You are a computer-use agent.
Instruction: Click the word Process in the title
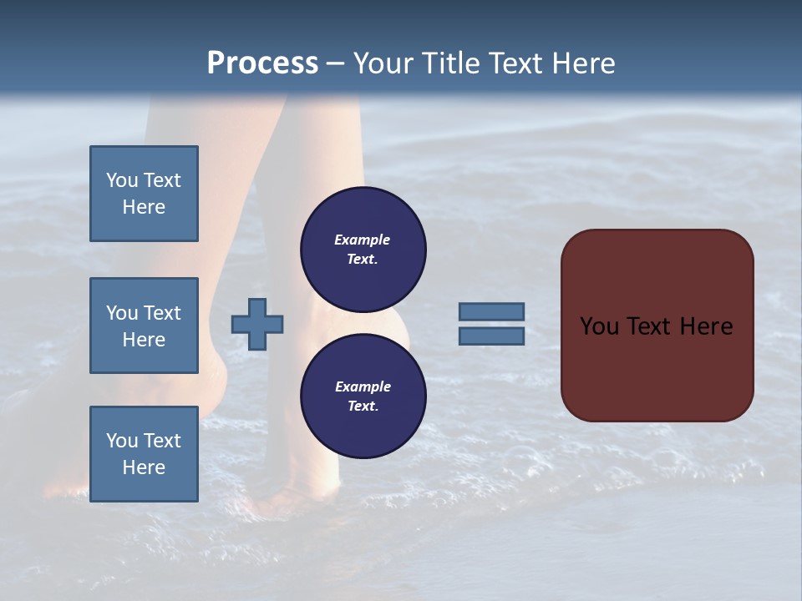coord(262,63)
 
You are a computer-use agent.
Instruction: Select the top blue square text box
coord(144,194)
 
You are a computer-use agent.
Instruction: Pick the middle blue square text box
coord(144,326)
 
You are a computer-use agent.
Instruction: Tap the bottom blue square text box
coord(144,454)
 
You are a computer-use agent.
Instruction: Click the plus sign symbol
coord(257,324)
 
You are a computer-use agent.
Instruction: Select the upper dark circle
coord(363,250)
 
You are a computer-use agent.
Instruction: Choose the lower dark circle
coord(363,396)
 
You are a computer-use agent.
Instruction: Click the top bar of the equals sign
coord(491,312)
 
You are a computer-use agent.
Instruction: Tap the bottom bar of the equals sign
coord(491,336)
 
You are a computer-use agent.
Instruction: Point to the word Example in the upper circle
coord(362,240)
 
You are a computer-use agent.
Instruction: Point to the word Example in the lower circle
coord(363,386)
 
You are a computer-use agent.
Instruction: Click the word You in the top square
coord(122,180)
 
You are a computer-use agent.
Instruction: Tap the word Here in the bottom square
coord(144,467)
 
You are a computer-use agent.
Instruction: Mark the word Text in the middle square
coord(162,313)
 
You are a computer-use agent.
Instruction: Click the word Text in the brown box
coord(648,326)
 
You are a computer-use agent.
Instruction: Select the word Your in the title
coord(384,63)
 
